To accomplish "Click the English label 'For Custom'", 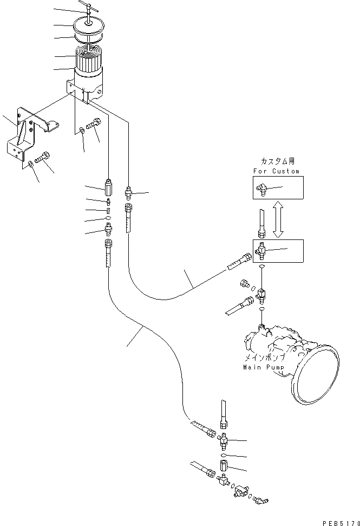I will point(276,171).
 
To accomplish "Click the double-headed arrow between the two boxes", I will point(278,219).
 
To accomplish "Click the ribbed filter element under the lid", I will point(87,60).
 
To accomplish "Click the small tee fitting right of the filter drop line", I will point(129,191).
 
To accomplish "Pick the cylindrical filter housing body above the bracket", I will point(88,84).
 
